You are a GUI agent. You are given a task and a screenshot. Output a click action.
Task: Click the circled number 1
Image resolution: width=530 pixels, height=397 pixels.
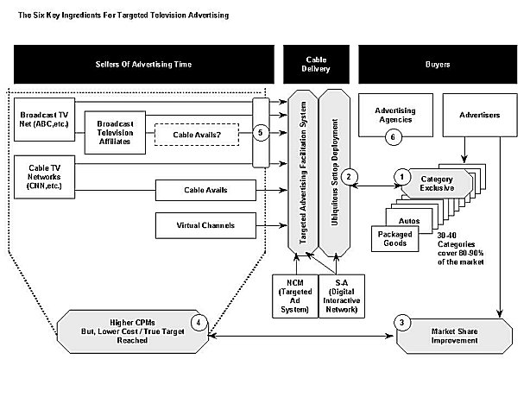pos(402,177)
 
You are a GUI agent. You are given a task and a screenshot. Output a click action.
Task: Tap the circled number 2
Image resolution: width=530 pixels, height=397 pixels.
pos(349,176)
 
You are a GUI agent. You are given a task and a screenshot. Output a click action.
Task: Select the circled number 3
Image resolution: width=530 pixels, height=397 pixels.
pos(402,323)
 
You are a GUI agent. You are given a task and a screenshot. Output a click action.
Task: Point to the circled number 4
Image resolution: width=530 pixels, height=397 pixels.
pos(199,323)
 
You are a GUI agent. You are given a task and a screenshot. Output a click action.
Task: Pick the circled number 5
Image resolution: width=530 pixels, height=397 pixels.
pos(261,132)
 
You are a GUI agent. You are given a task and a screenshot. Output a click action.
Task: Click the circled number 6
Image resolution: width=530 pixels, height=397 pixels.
pos(393,137)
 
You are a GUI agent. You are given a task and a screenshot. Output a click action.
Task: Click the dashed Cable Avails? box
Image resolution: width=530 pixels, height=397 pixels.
pos(197,135)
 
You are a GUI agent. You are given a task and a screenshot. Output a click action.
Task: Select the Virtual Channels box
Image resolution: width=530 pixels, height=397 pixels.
pos(205,225)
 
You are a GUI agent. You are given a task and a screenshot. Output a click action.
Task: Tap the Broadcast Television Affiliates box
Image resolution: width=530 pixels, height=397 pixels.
pos(115,133)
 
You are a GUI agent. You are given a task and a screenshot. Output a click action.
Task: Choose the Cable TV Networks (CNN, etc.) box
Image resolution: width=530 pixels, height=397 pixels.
pos(44,177)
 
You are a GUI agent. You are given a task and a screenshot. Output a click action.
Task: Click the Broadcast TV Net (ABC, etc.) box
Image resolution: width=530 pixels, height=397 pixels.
pos(44,119)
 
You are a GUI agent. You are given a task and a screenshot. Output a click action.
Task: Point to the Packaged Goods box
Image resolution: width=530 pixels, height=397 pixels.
pos(394,239)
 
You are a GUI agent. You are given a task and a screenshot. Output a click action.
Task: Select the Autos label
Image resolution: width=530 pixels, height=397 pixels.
pos(409,221)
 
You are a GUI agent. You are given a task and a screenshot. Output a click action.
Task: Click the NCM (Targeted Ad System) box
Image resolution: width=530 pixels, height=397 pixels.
pos(295,296)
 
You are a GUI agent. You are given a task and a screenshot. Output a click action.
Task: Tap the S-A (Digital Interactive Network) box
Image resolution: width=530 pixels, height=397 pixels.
pos(342,296)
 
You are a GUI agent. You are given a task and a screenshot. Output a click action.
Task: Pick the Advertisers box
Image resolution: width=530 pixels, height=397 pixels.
pos(480,115)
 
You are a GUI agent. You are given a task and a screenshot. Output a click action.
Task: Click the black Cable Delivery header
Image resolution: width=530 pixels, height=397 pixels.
pos(317,64)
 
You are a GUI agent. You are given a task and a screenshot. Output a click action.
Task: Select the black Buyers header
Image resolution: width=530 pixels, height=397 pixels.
pos(438,64)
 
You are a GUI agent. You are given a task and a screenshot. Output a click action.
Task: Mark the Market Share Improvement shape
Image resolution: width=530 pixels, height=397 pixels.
pos(454,337)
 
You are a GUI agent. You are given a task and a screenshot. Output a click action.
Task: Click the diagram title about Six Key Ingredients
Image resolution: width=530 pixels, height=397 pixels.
pos(123,16)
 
